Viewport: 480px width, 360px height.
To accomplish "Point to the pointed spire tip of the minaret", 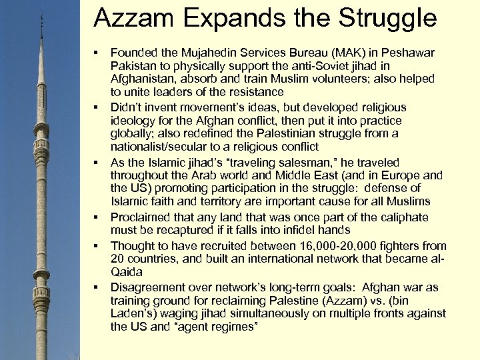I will point(41,15).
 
